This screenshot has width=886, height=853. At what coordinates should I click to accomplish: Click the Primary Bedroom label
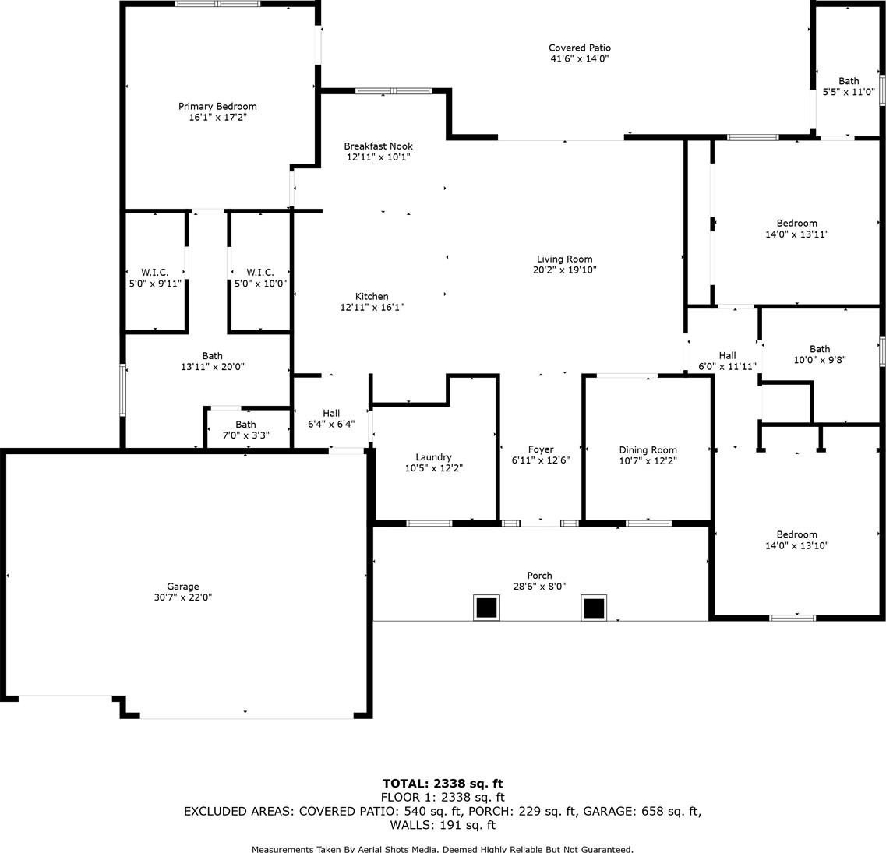click(217, 106)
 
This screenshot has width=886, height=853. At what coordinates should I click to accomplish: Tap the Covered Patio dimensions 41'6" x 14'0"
click(579, 58)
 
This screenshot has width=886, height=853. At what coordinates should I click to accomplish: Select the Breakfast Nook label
click(378, 146)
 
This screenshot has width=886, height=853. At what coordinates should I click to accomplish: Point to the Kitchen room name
click(372, 297)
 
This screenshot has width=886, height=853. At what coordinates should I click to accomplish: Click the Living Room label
click(564, 259)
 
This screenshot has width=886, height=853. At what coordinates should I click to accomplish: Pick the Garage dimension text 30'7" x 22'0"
click(182, 597)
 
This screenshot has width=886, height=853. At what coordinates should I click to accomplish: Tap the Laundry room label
click(433, 457)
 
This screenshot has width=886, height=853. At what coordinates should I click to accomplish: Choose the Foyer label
click(541, 449)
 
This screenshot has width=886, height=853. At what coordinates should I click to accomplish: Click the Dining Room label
click(648, 450)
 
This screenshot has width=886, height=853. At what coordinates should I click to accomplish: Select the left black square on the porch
click(486, 608)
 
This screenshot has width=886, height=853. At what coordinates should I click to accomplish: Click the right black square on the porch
click(594, 608)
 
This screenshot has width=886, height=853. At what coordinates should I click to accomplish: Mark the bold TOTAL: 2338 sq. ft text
click(443, 784)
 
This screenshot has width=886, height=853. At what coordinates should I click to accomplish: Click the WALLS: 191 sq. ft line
click(443, 825)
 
